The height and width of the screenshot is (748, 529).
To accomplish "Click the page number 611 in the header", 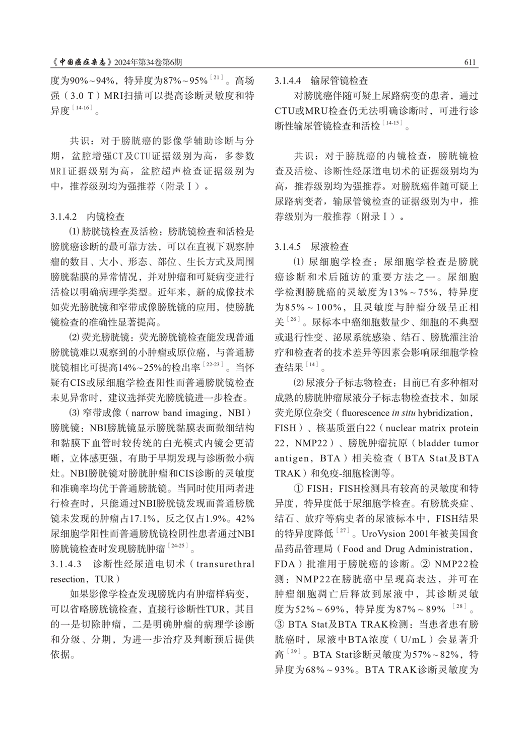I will point(470,62).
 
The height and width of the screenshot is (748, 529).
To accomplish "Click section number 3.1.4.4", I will point(288,81).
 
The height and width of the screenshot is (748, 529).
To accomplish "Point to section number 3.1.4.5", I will point(288,247).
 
